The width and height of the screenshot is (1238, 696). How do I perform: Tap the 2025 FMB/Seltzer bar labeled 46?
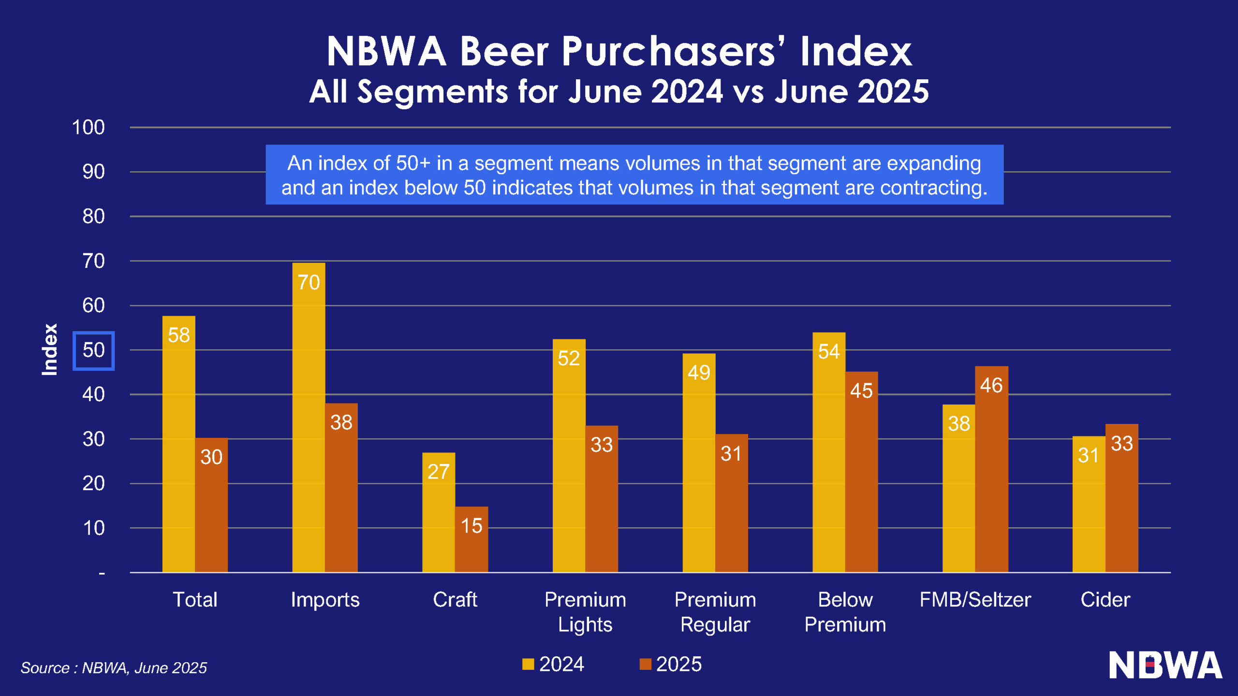pyautogui.click(x=991, y=469)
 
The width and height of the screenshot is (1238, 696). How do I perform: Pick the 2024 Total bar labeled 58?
pyautogui.click(x=178, y=444)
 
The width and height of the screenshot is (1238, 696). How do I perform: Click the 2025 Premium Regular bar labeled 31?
pyautogui.click(x=731, y=503)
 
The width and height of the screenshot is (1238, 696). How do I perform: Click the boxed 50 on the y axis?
pyautogui.click(x=93, y=350)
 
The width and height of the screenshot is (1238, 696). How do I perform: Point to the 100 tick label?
pyautogui.click(x=88, y=128)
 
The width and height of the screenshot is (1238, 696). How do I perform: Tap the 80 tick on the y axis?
pyautogui.click(x=93, y=217)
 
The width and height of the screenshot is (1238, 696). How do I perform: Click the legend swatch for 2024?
pyautogui.click(x=528, y=664)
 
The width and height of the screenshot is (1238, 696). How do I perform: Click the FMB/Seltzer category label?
pyautogui.click(x=975, y=600)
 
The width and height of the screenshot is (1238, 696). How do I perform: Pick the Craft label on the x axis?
pyautogui.click(x=455, y=600)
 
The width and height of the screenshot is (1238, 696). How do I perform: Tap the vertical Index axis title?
pyautogui.click(x=50, y=349)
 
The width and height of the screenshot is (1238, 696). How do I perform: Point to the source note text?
pyautogui.click(x=114, y=668)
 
